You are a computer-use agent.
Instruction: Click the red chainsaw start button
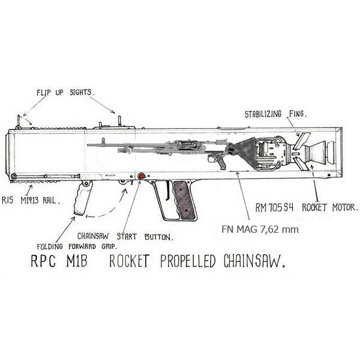pos(142,176)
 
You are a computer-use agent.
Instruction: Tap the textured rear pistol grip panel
pos(184,200)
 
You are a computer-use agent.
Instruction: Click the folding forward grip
pos(83,198)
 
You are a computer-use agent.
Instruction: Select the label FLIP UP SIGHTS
pos(64,92)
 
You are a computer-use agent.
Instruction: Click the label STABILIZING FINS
pos(276,114)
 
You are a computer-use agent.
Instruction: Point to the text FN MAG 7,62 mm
pos(260,229)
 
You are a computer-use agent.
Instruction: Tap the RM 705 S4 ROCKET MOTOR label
pos(307,208)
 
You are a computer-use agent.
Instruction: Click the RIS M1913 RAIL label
pos(31,200)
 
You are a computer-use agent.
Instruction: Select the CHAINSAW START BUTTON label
pos(125,236)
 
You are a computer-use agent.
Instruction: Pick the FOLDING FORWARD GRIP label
pos(77,247)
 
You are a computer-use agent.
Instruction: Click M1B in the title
pos(77,261)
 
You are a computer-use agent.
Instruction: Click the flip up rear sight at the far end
pos(18,122)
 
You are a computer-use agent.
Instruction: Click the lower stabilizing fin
pos(301,164)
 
